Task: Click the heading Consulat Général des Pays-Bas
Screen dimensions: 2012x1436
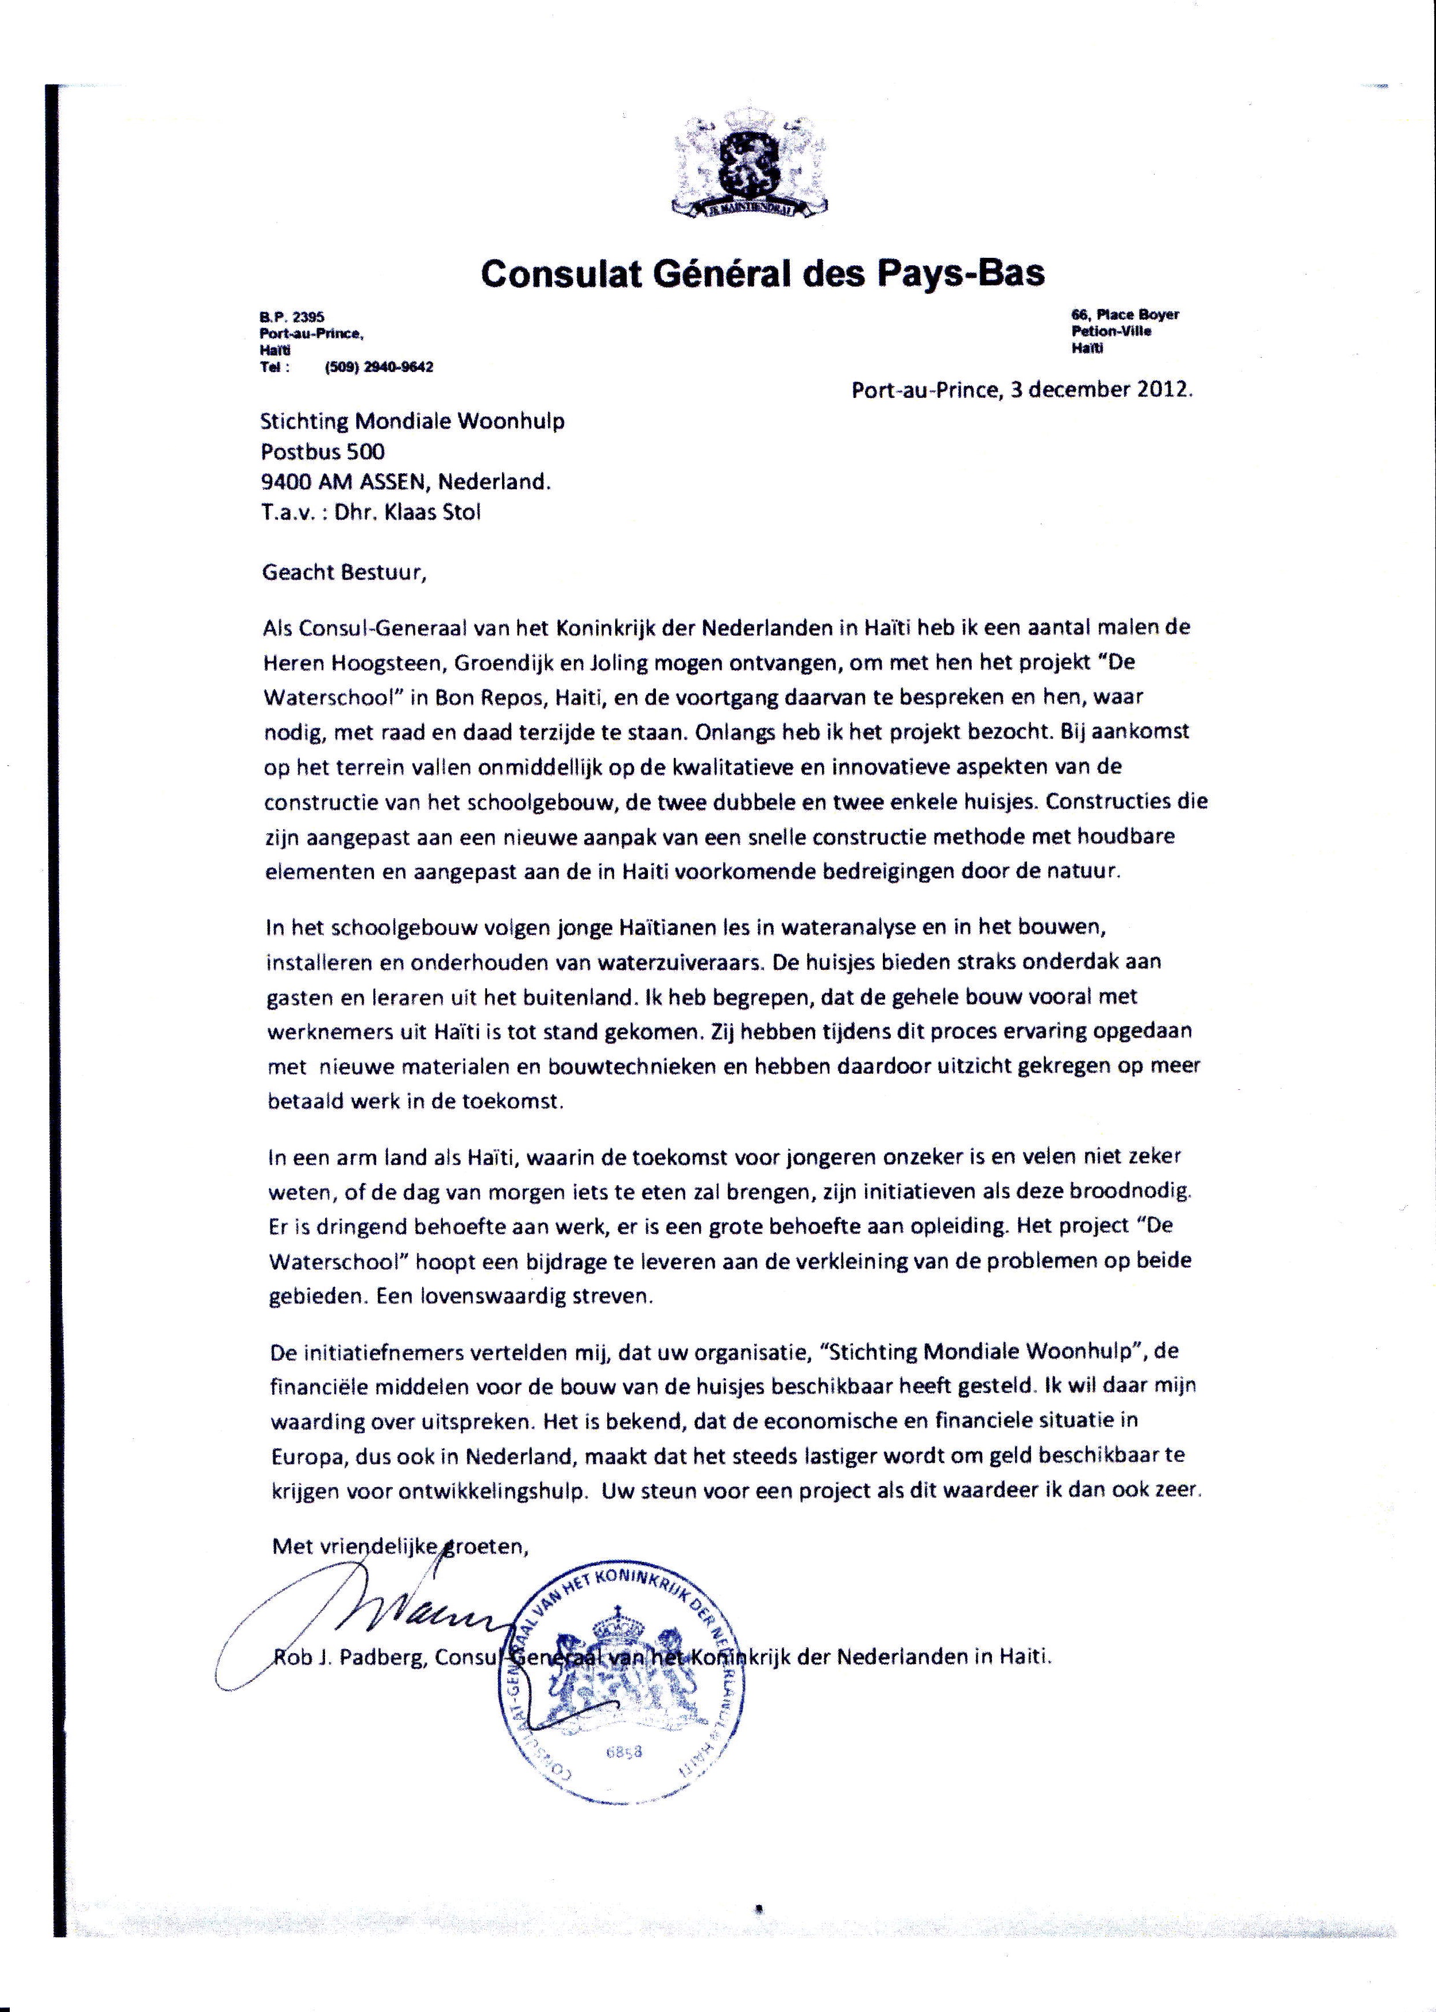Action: click(762, 273)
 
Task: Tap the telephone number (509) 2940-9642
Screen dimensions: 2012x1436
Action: click(379, 367)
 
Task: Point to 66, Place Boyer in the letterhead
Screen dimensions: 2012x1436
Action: click(1125, 315)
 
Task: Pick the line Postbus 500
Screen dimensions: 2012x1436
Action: click(323, 452)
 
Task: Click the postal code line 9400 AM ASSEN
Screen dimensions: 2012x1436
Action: click(405, 483)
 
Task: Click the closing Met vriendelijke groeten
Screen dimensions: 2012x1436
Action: click(400, 1546)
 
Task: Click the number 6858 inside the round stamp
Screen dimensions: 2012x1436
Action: click(624, 1752)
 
